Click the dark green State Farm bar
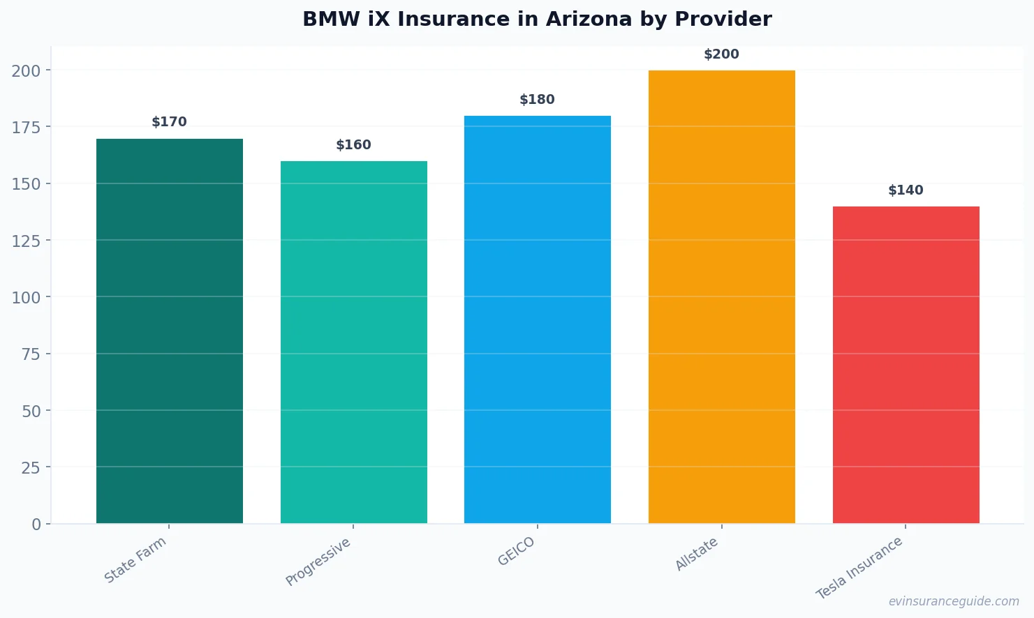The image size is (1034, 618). [x=170, y=331]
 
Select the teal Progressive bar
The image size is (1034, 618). [x=353, y=342]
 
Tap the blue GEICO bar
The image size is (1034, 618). [x=538, y=319]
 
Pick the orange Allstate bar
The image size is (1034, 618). [x=721, y=296]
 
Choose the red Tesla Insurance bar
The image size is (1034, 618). [x=906, y=365]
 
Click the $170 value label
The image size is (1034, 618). [x=170, y=122]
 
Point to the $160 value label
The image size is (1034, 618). [x=353, y=145]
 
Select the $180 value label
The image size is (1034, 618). [x=538, y=100]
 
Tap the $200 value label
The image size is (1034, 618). [x=721, y=54]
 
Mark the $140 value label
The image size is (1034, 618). [x=906, y=190]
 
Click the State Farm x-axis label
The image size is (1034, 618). [x=135, y=559]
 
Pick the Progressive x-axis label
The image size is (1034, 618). [x=318, y=562]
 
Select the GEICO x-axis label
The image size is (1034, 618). [x=516, y=551]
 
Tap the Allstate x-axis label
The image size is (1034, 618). [x=696, y=555]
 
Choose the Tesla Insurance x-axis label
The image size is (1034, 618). [x=859, y=568]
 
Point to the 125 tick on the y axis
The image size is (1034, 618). [x=26, y=241]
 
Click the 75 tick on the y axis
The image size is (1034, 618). [x=31, y=354]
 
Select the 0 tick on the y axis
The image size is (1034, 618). [x=36, y=525]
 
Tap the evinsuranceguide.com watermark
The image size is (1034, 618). [x=954, y=601]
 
